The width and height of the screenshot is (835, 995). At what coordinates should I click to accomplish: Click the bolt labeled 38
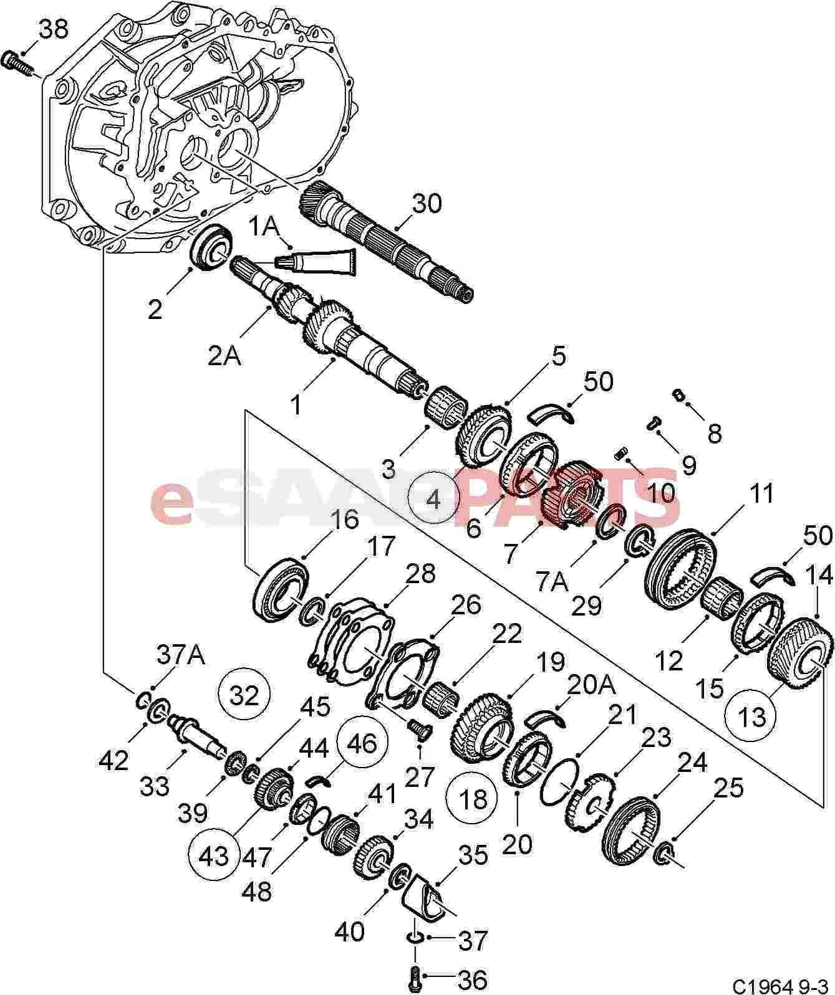coord(18,64)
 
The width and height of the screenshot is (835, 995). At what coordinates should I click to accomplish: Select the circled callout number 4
coord(434,500)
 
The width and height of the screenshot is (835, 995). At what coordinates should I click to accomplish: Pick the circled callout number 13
coord(751,716)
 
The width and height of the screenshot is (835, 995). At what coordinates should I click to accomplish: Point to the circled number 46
coord(362,743)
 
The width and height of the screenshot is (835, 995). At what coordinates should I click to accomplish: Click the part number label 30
coord(427,203)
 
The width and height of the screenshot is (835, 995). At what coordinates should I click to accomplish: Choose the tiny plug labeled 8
coord(679,395)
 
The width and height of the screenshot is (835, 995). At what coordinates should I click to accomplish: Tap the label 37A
coord(181,655)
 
